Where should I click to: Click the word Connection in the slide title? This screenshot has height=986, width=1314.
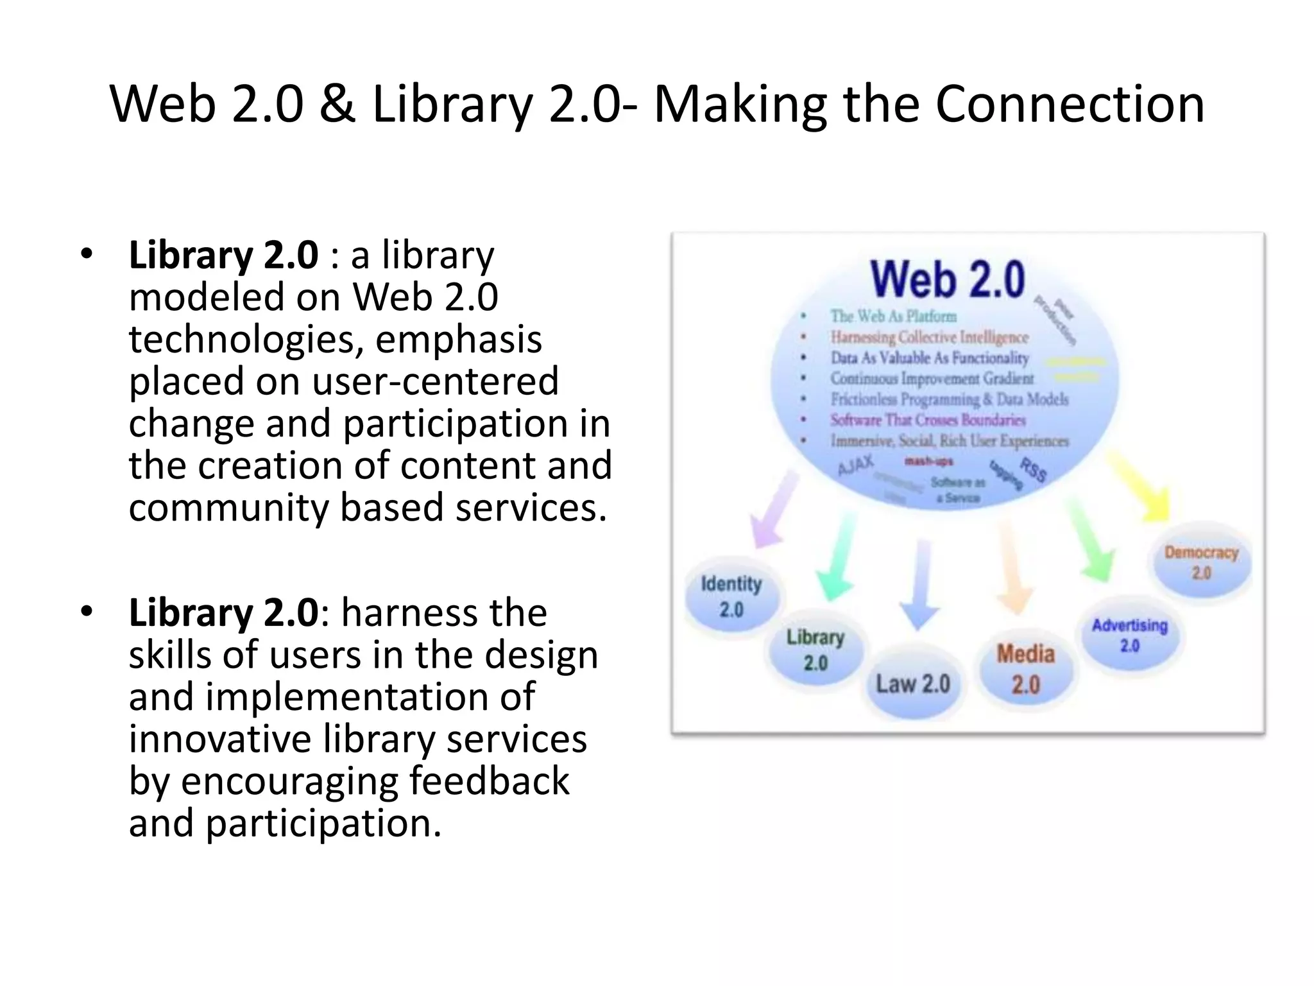[1070, 104]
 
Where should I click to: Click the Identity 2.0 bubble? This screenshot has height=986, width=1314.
[731, 596]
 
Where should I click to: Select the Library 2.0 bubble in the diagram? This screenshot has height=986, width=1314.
[815, 650]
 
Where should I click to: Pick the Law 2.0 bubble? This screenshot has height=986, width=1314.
[913, 684]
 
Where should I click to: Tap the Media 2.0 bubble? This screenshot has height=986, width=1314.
[1026, 669]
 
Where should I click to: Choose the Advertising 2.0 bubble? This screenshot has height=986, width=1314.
[1130, 635]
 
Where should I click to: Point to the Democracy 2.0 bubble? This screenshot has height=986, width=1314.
[1201, 562]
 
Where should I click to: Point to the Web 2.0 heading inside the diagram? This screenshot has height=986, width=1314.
[948, 279]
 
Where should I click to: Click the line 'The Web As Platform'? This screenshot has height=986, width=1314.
[893, 316]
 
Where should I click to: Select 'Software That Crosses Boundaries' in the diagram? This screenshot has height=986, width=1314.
[928, 420]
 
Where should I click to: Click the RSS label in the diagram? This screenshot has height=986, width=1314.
[1034, 470]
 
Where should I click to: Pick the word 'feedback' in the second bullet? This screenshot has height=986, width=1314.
[489, 781]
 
